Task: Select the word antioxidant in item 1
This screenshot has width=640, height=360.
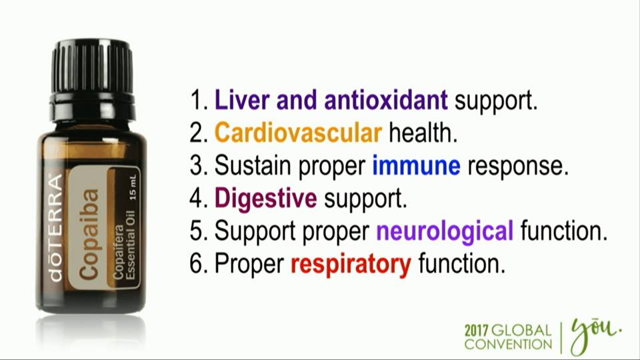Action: pos(386,100)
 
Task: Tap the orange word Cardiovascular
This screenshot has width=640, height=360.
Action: pos(298,133)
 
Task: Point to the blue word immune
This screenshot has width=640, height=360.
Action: pos(416,166)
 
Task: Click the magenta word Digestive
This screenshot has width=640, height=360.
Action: pos(266,199)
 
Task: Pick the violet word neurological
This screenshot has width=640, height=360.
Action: pos(445,232)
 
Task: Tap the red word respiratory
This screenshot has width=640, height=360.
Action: pos(351,265)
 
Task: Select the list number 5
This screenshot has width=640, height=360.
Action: pos(197,231)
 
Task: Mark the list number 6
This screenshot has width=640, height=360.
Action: pos(197,264)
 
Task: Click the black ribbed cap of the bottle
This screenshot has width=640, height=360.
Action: pos(92,65)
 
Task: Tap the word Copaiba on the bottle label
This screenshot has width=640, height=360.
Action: pos(89,234)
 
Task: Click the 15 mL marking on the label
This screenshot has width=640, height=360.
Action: pos(133,187)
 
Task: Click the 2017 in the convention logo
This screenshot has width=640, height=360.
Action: pos(476,331)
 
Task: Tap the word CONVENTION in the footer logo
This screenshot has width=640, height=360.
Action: pos(508,344)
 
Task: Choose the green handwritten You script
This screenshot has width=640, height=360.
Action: pos(595,334)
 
